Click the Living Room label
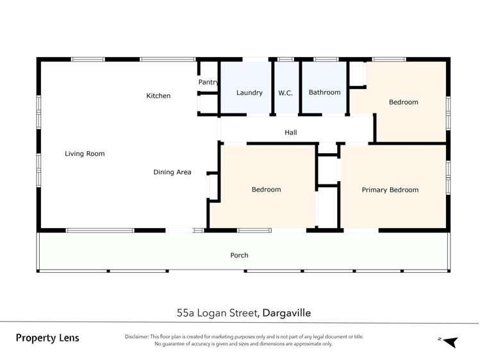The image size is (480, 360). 85,154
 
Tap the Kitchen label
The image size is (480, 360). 158,96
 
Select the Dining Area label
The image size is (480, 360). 172,172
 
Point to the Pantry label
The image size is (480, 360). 208,83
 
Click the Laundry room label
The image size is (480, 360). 249,93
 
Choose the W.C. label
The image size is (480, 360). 285,93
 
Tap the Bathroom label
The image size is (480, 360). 324,92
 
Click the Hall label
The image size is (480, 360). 291,133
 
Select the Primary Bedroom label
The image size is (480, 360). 390,190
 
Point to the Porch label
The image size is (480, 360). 239,255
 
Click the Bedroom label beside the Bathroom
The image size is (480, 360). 403,102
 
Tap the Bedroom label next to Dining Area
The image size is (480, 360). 266,190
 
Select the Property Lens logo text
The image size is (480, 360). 47,338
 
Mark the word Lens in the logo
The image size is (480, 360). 67,338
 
